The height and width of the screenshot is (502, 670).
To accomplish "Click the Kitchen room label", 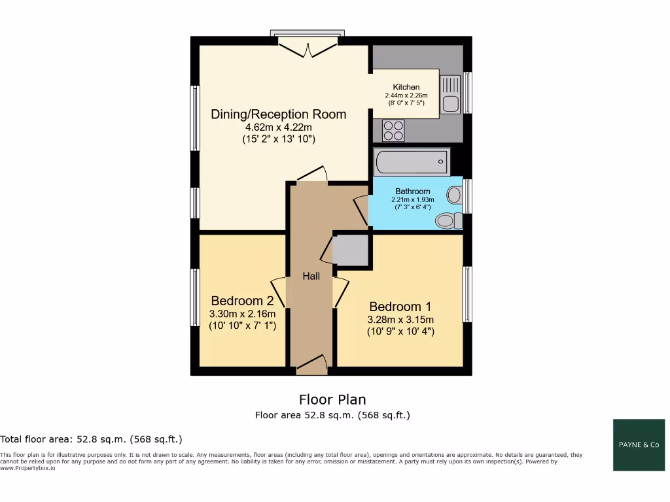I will click(406, 87).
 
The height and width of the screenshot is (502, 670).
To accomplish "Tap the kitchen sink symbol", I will click(451, 94).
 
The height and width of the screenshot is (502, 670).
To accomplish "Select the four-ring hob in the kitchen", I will click(394, 131).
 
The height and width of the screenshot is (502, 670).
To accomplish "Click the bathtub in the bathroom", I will click(412, 161).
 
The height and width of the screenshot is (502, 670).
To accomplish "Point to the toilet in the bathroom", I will click(448, 221).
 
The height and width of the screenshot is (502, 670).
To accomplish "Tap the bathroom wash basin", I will click(453, 194).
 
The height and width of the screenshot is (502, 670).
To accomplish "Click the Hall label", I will click(311, 276).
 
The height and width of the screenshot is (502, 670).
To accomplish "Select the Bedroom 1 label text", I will click(400, 307).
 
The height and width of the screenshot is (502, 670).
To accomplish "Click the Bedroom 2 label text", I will click(241, 301).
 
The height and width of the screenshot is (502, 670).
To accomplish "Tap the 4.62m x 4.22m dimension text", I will click(278, 127).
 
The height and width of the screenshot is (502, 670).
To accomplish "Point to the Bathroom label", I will click(412, 192).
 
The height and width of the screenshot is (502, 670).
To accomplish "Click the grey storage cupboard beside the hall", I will click(351, 250).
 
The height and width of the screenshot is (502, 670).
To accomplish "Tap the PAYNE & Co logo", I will click(639, 444).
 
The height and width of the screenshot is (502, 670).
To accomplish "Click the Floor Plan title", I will click(332, 399).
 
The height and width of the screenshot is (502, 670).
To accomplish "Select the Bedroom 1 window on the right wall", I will click(467, 294).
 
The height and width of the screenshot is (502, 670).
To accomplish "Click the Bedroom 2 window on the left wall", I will click(195, 297).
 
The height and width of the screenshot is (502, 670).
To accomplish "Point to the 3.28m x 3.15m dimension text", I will click(400, 320).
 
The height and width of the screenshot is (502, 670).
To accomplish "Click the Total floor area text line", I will click(92, 439).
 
